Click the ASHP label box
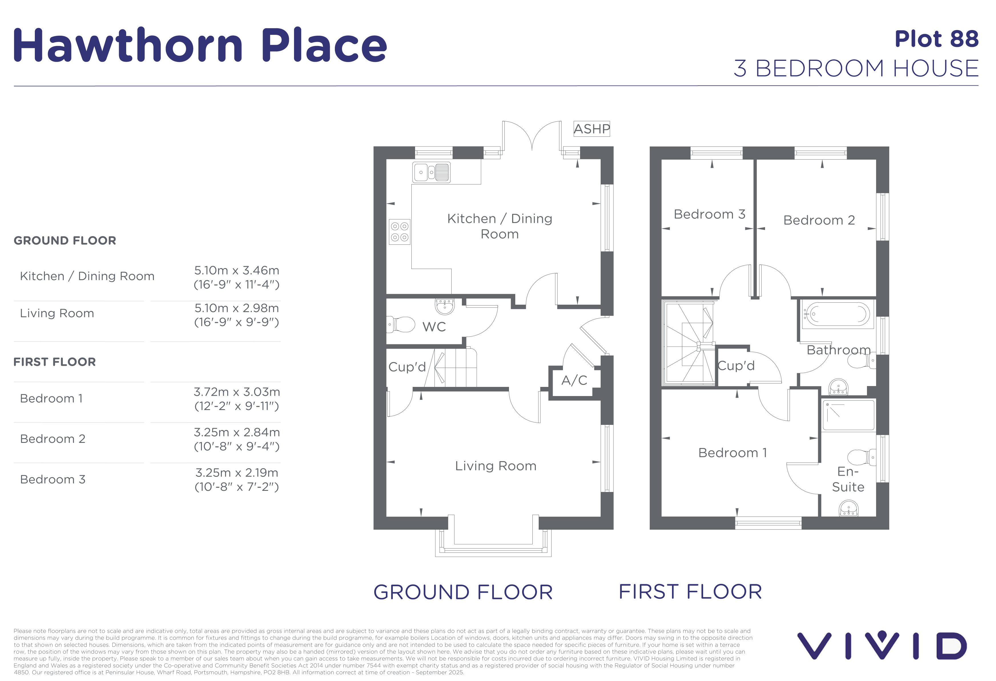coord(591,128)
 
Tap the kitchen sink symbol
coord(431,172)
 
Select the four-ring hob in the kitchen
coord(399,232)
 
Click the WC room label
coord(434,327)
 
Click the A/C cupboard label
coord(574,380)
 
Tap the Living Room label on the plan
coord(496,466)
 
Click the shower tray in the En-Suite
coord(848,415)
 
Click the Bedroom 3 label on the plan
coord(710,214)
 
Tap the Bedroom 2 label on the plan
coord(819,220)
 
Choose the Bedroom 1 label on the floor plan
coord(733,453)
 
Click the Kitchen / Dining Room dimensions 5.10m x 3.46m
coord(237,270)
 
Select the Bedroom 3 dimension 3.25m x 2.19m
coord(237,473)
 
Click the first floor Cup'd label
coord(736,365)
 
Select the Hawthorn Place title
coord(200,45)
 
